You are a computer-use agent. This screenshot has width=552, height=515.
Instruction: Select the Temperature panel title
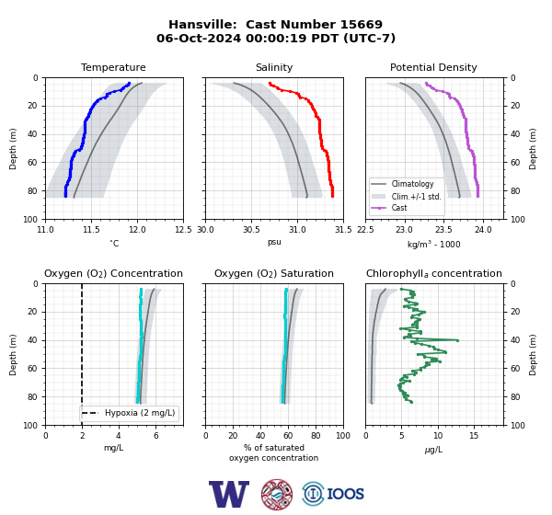(x=113, y=67)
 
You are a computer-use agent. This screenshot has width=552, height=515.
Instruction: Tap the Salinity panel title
(x=274, y=67)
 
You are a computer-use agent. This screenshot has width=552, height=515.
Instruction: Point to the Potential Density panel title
(x=433, y=67)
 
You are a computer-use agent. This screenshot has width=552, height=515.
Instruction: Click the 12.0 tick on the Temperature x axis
(x=137, y=230)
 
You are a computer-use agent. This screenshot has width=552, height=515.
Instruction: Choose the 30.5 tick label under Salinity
(x=251, y=230)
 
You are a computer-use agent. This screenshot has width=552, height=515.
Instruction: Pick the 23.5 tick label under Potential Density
(x=443, y=230)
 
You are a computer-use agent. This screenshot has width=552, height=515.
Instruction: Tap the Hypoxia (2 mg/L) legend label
(x=140, y=413)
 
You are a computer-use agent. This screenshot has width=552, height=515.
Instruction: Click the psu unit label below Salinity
(x=274, y=242)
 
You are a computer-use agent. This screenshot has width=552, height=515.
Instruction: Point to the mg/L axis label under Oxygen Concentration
(x=113, y=448)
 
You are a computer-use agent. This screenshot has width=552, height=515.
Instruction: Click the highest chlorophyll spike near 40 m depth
(x=457, y=340)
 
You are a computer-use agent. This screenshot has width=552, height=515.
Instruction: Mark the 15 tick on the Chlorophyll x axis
(x=474, y=436)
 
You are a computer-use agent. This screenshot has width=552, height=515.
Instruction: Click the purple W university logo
(x=229, y=494)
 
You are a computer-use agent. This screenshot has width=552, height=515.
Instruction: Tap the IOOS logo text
(x=345, y=494)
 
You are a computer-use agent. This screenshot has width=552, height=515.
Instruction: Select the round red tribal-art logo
(x=277, y=494)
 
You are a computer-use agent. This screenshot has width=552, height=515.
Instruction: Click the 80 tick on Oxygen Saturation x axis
(x=316, y=436)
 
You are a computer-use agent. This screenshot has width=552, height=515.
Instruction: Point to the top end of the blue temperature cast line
(x=129, y=84)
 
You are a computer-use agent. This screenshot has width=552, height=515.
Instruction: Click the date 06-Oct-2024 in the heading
(x=199, y=38)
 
